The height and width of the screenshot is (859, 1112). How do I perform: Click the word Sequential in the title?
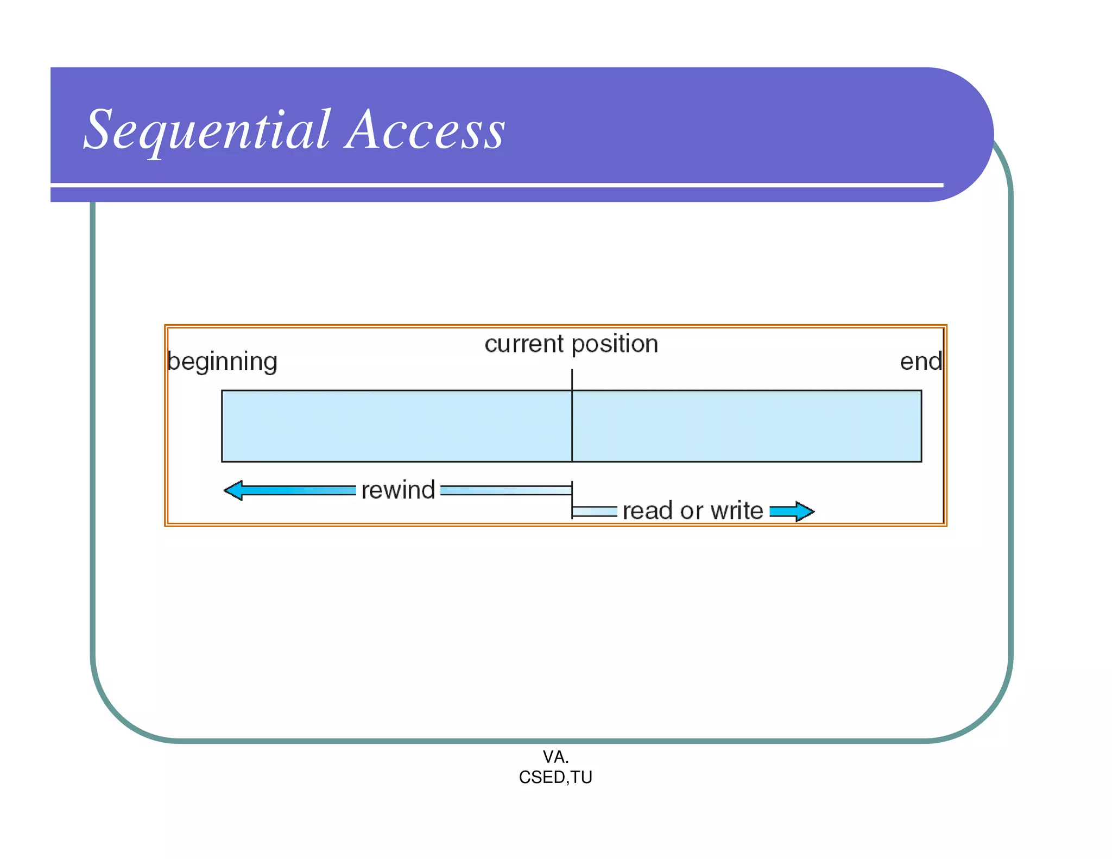tap(206, 130)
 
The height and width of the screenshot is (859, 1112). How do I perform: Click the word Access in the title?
tap(425, 130)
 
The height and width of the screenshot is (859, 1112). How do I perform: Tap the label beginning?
tap(222, 362)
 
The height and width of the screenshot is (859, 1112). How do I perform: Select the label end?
tap(920, 362)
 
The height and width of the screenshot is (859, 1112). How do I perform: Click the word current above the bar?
tap(524, 344)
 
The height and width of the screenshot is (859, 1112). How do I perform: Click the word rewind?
tap(398, 490)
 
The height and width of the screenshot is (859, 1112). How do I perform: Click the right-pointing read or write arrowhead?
tap(805, 511)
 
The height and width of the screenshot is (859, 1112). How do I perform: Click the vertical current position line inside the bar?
tap(572, 426)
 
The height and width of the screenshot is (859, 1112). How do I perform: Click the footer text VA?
tap(555, 756)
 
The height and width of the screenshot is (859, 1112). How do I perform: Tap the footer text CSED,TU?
tap(555, 778)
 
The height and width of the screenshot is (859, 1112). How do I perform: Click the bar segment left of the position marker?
tap(396, 426)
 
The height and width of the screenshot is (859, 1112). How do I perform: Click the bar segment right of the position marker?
tap(747, 426)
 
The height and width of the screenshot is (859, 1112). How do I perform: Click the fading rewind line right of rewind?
tap(506, 491)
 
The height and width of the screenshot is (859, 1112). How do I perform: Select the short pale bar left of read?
tap(595, 511)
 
